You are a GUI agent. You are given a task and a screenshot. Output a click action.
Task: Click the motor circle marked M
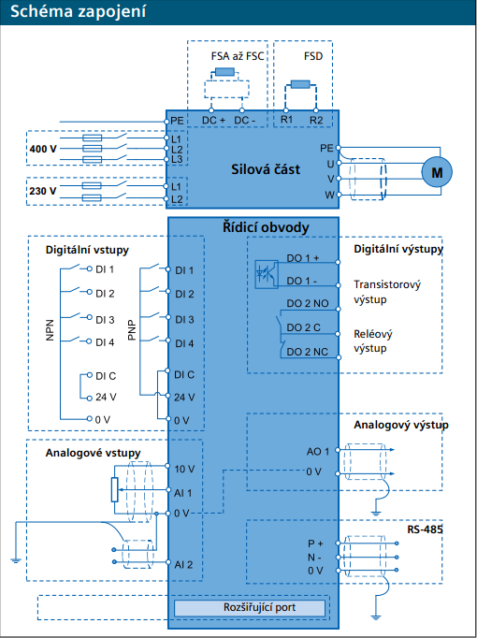[x=437, y=172]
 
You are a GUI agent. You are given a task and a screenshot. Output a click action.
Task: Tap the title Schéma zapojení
[x=78, y=12]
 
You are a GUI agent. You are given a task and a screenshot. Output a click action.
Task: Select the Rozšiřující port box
[x=250, y=608]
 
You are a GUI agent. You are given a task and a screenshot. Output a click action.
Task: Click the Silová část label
[x=266, y=169]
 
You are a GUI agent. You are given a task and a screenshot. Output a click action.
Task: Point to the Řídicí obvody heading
[x=266, y=227]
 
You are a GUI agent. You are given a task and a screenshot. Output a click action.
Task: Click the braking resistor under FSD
[x=300, y=84]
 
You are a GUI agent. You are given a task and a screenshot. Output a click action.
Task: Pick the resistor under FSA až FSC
[x=224, y=72]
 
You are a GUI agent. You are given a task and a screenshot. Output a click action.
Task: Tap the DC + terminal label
[x=213, y=121]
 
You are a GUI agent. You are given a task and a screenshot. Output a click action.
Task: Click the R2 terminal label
[x=316, y=121]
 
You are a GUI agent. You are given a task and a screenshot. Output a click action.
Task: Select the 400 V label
[x=43, y=149]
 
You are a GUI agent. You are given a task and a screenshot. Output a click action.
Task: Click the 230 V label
[x=43, y=191]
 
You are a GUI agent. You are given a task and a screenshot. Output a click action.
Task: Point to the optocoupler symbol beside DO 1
[x=267, y=274]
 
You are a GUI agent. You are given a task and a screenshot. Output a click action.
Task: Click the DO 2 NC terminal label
[x=307, y=352]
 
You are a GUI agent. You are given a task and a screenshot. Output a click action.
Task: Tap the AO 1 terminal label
[x=318, y=451]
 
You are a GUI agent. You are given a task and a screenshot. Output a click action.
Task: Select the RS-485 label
[x=425, y=529]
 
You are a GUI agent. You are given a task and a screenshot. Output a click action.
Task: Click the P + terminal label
[x=315, y=544]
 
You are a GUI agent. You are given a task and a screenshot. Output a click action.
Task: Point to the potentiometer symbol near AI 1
[x=115, y=489]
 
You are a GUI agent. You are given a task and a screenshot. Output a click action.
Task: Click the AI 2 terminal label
[x=183, y=565]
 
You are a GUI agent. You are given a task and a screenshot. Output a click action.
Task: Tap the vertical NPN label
[x=50, y=330]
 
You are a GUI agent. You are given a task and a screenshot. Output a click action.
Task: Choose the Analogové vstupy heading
[x=94, y=453]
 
